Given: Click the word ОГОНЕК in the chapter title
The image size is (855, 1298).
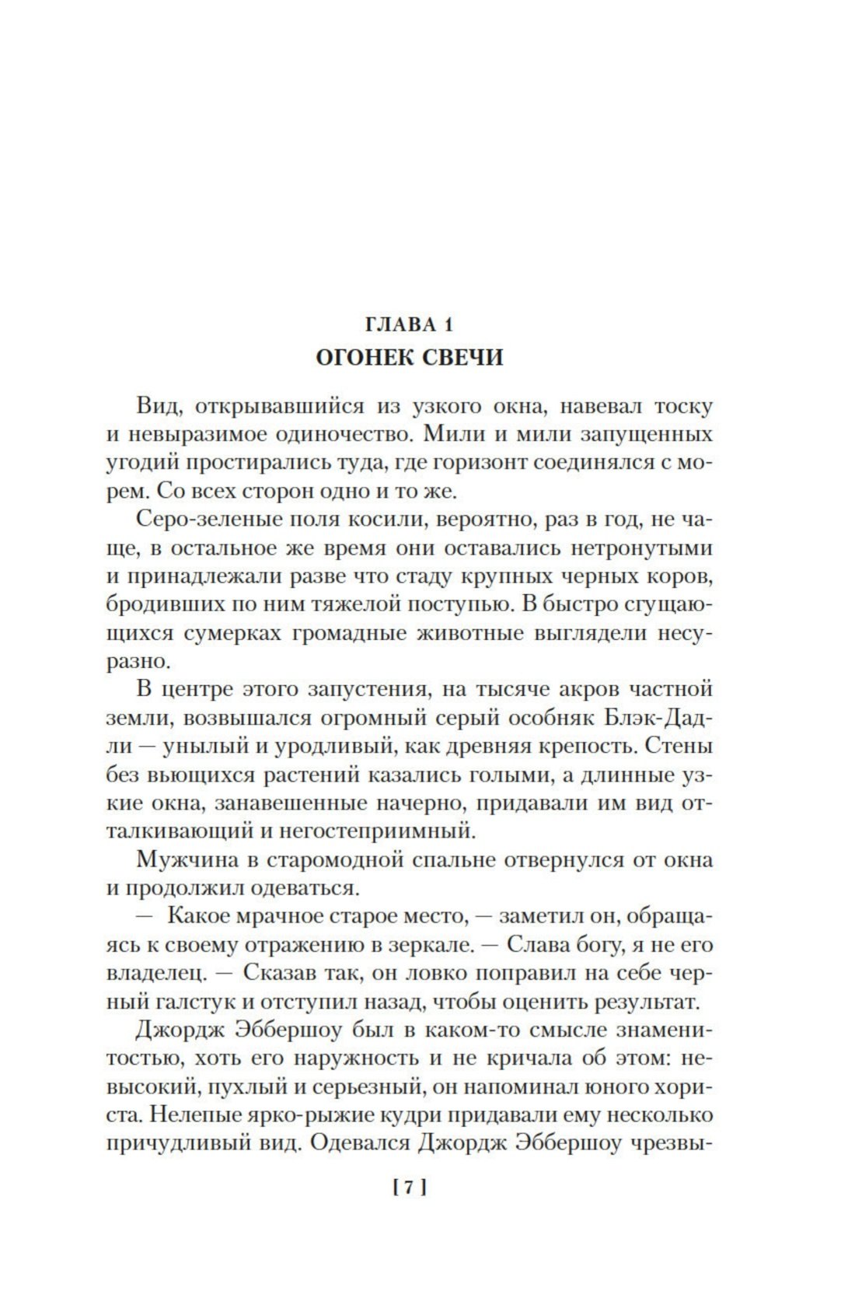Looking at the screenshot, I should (358, 358).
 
